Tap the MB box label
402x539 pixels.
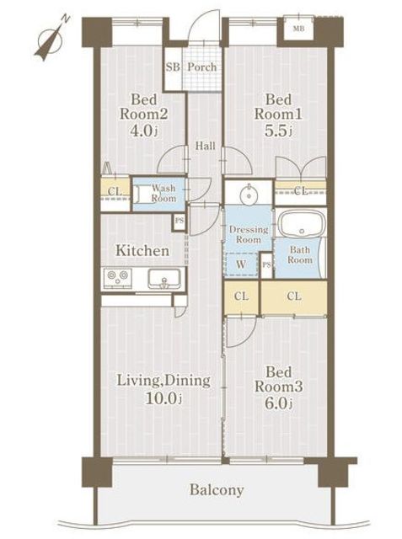point(298,29)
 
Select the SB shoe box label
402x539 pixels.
point(173,67)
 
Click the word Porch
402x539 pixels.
point(202,67)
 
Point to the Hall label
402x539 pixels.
point(206,146)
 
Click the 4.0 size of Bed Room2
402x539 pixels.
point(144,131)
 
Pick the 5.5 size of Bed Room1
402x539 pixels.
point(278,131)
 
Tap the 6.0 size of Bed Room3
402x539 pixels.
point(279,403)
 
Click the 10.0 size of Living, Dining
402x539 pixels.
point(163,398)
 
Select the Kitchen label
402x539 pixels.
point(142,251)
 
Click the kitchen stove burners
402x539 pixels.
point(118,277)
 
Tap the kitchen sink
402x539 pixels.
point(164,279)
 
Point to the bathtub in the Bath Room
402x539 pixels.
point(302,223)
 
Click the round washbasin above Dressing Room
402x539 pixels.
point(248,195)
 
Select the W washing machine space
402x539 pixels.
point(241,264)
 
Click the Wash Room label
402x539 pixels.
point(164,193)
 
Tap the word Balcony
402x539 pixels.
point(217,490)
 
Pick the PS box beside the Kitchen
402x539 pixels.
point(180,221)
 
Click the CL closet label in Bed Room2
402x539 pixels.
point(115,191)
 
